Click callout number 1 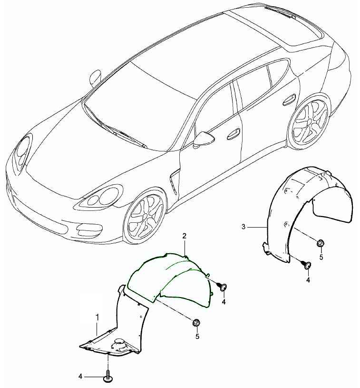click(97, 316)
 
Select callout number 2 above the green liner click(184, 236)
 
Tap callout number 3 click(243, 227)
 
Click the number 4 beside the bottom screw click(80, 377)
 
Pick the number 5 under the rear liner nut click(321, 257)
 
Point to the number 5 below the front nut click(197, 336)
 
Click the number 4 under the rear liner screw click(308, 280)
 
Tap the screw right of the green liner click(223, 287)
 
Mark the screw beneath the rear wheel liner click(307, 265)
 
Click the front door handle click(234, 134)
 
